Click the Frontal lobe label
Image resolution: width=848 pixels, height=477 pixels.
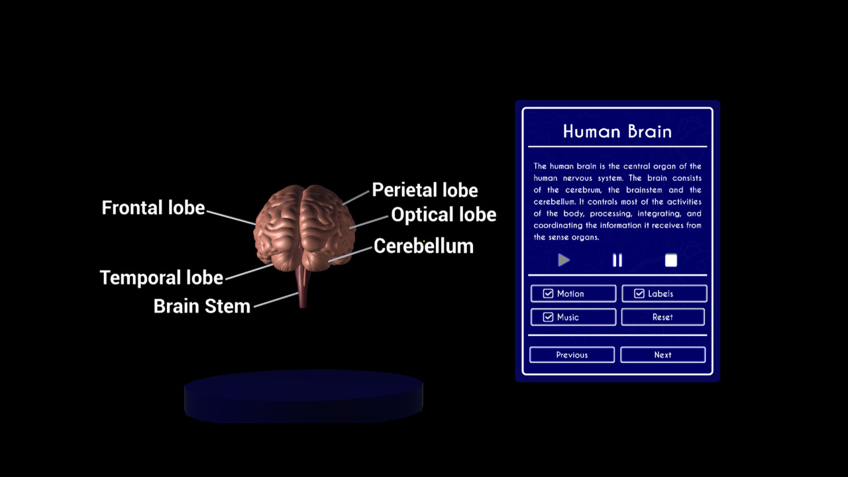pos(153,207)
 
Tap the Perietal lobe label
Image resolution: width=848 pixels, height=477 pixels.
pos(425,189)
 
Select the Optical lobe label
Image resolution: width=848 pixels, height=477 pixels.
pos(444,214)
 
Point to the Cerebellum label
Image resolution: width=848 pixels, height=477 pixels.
pos(423,246)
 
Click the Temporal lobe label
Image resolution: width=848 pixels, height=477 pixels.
pos(162,278)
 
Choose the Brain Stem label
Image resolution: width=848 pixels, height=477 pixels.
pos(202,306)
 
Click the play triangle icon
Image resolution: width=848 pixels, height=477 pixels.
pos(564,260)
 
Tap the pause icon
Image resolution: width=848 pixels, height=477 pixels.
pos(617,260)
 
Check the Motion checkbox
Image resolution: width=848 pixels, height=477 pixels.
pos(548,293)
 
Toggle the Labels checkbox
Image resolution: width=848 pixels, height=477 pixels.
pos(639,293)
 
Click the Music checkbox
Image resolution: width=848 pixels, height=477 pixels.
pos(548,317)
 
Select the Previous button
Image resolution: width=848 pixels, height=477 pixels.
pos(572,354)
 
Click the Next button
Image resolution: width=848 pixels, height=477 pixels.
pos(663,354)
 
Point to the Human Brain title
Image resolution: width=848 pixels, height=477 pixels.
pos(617,131)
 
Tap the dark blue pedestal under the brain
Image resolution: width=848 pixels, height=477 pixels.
pos(303,396)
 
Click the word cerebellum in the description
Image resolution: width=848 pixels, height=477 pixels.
pos(555,202)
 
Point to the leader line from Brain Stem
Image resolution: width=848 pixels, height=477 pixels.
pos(276,299)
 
